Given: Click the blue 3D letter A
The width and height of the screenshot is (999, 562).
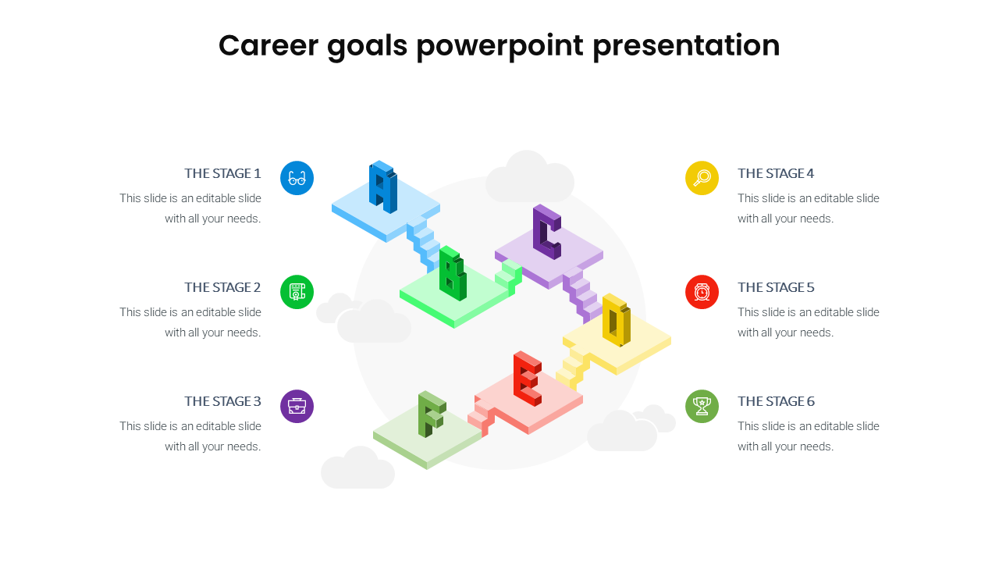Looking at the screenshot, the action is pyautogui.click(x=382, y=187).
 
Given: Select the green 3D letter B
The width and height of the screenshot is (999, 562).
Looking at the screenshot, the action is pyautogui.click(x=453, y=273).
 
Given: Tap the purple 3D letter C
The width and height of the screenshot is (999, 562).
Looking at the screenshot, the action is pyautogui.click(x=547, y=232).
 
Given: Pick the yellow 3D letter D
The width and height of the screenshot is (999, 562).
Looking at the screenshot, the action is pyautogui.click(x=617, y=320).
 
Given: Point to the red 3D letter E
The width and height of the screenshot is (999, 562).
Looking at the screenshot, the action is pyautogui.click(x=528, y=379).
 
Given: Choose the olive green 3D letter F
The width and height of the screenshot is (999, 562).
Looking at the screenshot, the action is pyautogui.click(x=432, y=414).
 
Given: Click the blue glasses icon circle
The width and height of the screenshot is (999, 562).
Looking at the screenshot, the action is pyautogui.click(x=297, y=178).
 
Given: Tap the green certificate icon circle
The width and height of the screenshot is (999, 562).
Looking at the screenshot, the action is pyautogui.click(x=297, y=292).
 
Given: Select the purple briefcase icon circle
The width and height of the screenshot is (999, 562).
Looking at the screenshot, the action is pyautogui.click(x=297, y=407).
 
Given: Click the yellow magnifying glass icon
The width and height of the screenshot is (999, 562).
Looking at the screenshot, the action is pyautogui.click(x=702, y=178).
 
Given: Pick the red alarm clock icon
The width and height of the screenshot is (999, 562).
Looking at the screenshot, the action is pyautogui.click(x=702, y=292).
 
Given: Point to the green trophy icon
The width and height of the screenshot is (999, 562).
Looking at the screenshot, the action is pyautogui.click(x=702, y=407).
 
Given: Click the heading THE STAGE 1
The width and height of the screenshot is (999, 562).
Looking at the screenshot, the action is pyautogui.click(x=222, y=173).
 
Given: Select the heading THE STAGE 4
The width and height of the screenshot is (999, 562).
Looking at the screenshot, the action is pyautogui.click(x=776, y=173).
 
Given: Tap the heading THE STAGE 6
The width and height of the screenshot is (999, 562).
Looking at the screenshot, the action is pyautogui.click(x=776, y=401).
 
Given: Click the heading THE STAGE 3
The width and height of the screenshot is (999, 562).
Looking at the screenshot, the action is pyautogui.click(x=222, y=401).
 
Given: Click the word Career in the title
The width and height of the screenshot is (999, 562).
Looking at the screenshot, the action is pyautogui.click(x=268, y=45).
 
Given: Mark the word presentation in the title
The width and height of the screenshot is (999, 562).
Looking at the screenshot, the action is pyautogui.click(x=686, y=47).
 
